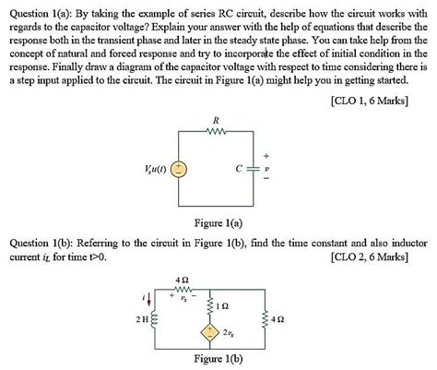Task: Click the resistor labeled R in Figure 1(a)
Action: (215, 133)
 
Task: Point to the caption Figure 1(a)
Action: (218, 222)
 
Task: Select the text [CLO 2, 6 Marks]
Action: (372, 256)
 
